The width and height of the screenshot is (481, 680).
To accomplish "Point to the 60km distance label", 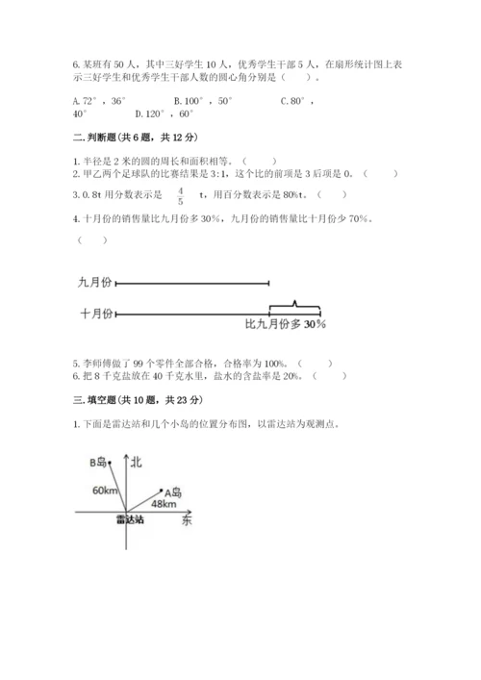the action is pos(105,491).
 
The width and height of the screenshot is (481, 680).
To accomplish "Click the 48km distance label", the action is pos(164,503).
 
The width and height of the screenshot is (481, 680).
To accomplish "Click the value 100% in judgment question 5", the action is pos(276,363).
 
